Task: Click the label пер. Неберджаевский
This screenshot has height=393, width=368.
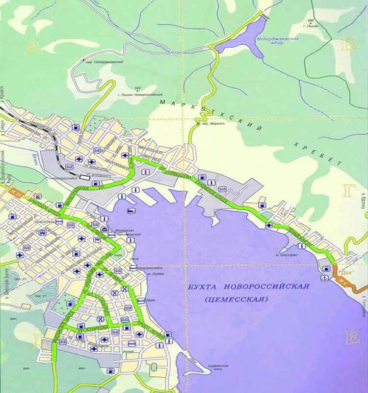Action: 104,63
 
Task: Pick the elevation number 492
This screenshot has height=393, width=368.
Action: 310,21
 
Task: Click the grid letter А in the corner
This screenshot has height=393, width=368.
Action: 33,47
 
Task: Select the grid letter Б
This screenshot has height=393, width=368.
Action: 347,45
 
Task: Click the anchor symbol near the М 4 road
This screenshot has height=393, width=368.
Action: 324,279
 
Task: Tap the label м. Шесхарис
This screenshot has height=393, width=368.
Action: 285,255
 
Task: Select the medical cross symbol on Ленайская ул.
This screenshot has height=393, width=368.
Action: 269,225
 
